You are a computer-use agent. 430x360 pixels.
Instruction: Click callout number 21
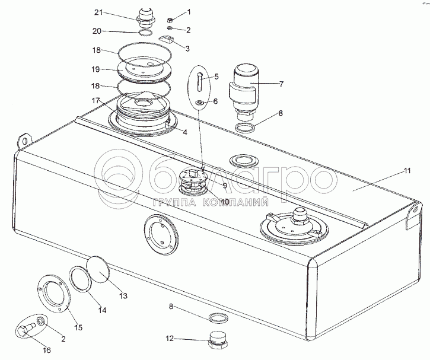pyautogui.click(x=98, y=12)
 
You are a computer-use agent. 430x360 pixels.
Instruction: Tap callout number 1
pyautogui.click(x=189, y=11)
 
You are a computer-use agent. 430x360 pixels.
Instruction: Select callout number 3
pyautogui.click(x=188, y=49)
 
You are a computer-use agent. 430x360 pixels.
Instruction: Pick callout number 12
pyautogui.click(x=170, y=339)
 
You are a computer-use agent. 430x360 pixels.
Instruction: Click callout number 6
pyautogui.click(x=216, y=101)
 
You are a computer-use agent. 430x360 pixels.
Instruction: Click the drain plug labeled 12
pyautogui.click(x=218, y=340)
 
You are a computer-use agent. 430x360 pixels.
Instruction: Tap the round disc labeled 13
pyautogui.click(x=99, y=268)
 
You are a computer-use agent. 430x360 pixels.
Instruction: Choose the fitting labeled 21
pyautogui.click(x=145, y=16)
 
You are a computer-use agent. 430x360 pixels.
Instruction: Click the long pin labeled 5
pyautogui.click(x=200, y=79)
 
